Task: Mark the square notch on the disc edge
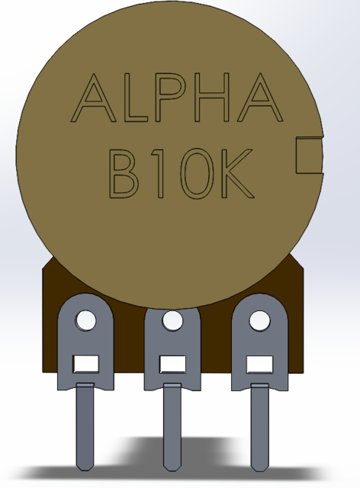tap(307, 155)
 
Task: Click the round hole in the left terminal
tap(85, 320)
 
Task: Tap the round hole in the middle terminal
tap(172, 320)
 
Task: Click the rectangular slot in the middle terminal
tap(172, 364)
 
